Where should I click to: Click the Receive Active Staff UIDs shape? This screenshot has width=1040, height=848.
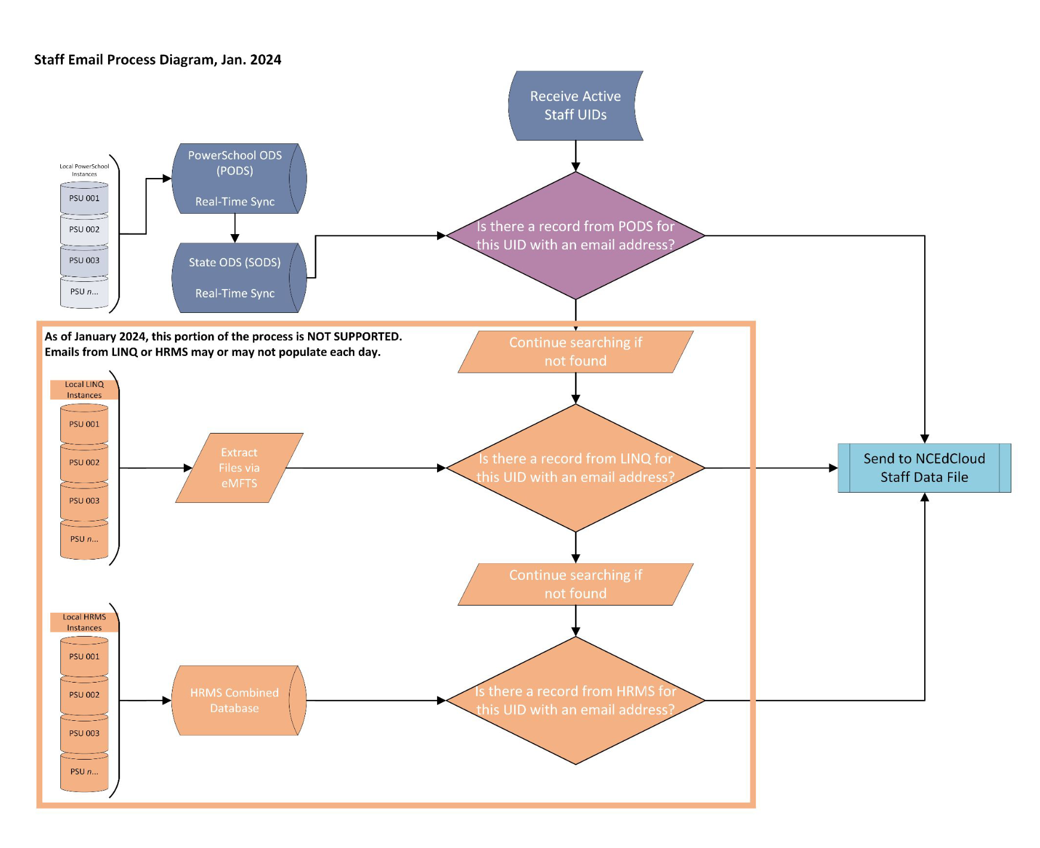click(575, 106)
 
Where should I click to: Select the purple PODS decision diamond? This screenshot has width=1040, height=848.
click(575, 235)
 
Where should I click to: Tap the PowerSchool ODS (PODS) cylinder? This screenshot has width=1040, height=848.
click(235, 178)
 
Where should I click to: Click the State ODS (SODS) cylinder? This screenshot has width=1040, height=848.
click(235, 277)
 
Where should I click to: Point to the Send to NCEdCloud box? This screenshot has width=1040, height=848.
click(924, 468)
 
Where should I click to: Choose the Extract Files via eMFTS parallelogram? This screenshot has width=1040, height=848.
click(239, 468)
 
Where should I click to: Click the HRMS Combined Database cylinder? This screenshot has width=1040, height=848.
click(235, 700)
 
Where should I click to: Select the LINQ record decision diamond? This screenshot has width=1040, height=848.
click(575, 468)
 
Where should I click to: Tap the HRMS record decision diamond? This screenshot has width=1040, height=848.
click(575, 700)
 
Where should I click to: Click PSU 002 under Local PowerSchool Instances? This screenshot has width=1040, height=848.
click(84, 229)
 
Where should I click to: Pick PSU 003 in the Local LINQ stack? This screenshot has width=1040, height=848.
click(84, 500)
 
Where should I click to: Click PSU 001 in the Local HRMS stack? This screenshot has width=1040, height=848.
click(84, 656)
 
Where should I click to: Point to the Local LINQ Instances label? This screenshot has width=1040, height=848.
click(84, 389)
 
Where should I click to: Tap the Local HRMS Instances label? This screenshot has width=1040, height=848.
click(84, 622)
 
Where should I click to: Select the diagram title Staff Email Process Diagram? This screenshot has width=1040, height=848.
click(157, 60)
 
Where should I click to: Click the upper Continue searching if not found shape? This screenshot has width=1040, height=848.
click(575, 352)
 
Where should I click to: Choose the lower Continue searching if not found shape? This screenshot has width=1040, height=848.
click(575, 584)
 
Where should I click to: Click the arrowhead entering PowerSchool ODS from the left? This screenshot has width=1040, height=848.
click(167, 178)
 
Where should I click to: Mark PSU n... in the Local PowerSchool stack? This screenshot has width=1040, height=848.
click(84, 291)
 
